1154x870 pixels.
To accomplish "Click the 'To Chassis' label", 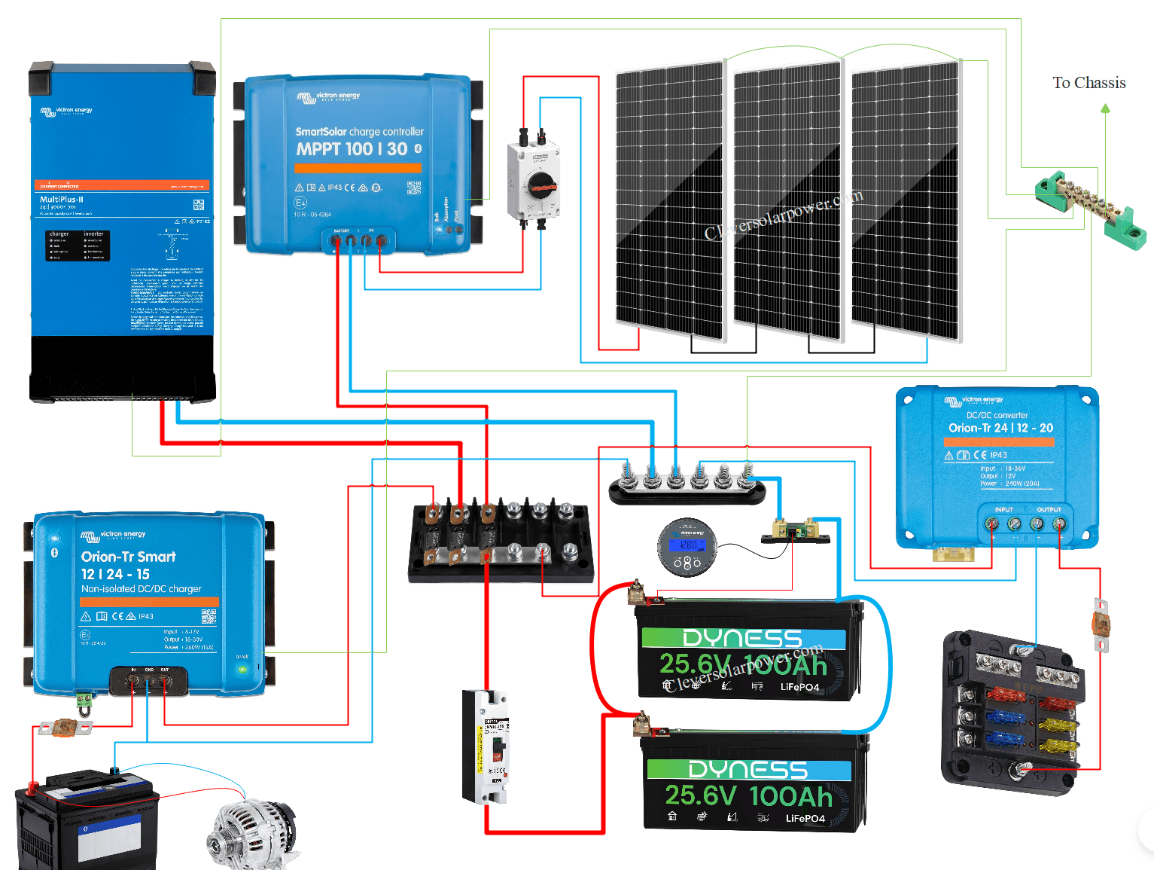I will (x=1089, y=83).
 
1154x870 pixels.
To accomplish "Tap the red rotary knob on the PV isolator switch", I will (x=541, y=184).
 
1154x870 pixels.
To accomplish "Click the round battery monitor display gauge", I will (x=687, y=547).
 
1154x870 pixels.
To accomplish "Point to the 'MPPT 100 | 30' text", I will (x=352, y=149).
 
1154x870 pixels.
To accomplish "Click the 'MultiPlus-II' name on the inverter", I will (x=62, y=200).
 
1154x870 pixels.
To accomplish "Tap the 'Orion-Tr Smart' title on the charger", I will (x=129, y=557).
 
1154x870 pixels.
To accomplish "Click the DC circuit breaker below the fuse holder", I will (x=486, y=746).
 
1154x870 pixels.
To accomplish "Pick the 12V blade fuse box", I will (x=1012, y=712).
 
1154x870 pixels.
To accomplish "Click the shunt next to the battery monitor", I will (x=795, y=530).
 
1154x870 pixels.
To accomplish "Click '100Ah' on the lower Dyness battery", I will (x=790, y=796).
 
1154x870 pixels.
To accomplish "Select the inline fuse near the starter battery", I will (x=65, y=728).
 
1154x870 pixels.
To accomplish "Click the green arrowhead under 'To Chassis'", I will (x=1105, y=108).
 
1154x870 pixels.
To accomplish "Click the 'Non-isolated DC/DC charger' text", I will (x=142, y=589).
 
